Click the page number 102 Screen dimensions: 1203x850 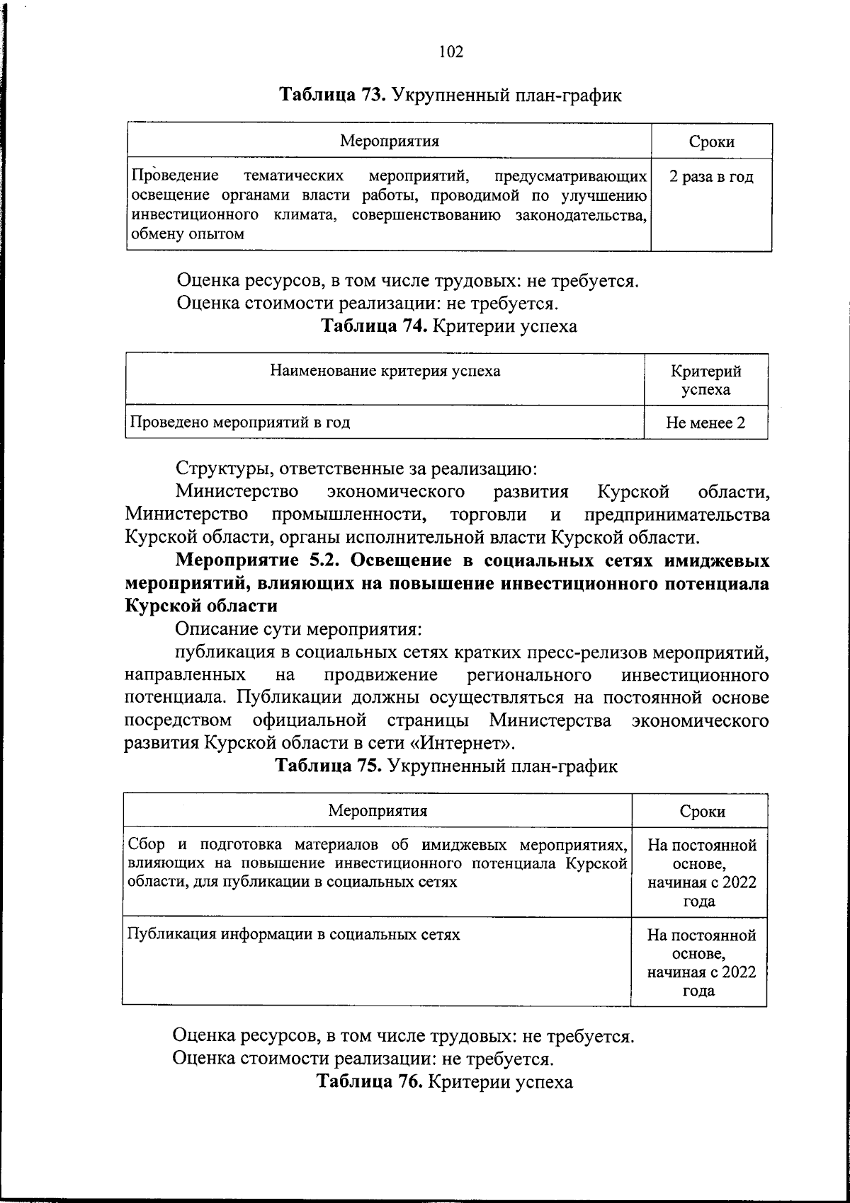[450, 52]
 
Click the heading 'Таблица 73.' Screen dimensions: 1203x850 [332, 95]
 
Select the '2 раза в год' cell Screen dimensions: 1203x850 [711, 177]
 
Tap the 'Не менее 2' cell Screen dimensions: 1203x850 [705, 423]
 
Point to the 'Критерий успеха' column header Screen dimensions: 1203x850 [705, 380]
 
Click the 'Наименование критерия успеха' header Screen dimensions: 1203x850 [385, 371]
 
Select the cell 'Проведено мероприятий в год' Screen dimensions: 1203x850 [239, 423]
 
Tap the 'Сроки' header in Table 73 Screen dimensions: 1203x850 [711, 142]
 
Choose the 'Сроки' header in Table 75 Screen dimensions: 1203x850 [702, 812]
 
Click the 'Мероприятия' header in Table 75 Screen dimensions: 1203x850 [378, 811]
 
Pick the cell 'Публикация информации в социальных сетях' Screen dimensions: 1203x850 [293, 934]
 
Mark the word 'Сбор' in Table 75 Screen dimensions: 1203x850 [145, 845]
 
